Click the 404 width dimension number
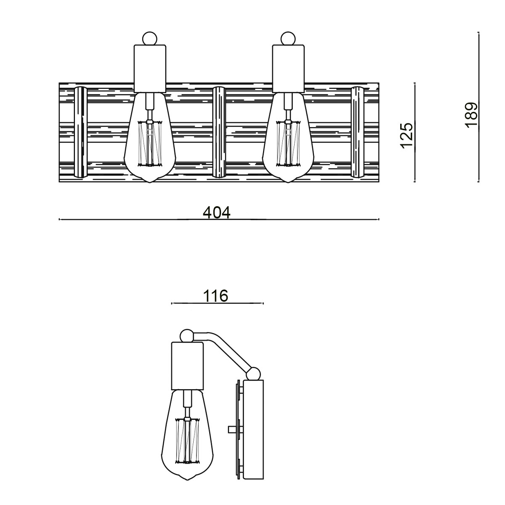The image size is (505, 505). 217,213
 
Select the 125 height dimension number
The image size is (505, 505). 407,136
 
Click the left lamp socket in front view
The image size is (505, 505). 150,68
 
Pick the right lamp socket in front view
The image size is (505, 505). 288,68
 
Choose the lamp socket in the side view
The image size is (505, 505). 187,365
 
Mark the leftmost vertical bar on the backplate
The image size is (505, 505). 80,132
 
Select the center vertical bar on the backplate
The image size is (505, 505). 219,132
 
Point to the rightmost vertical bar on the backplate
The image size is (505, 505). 357,132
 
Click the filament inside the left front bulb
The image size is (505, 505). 150,143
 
